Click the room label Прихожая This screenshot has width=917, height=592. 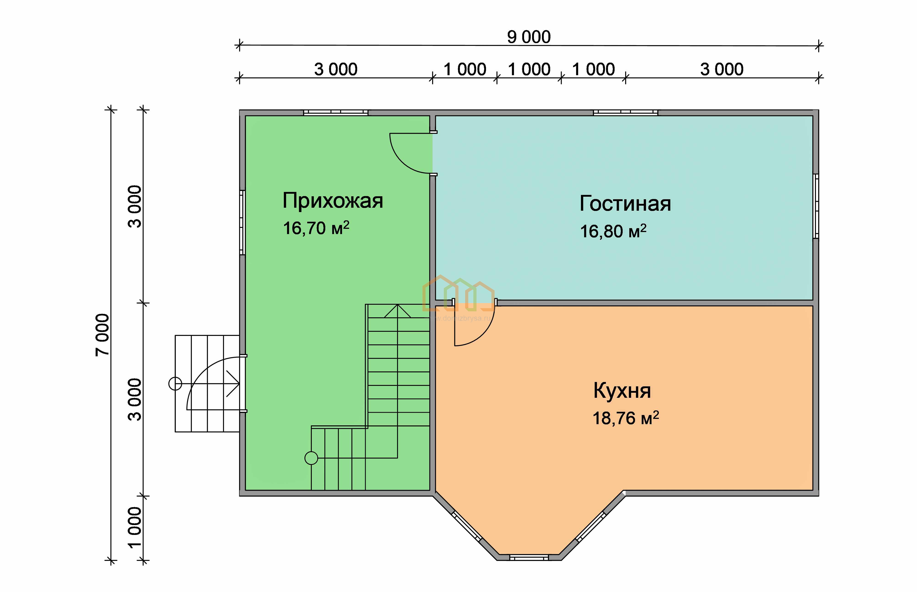point(333,201)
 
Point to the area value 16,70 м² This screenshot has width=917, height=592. point(316,228)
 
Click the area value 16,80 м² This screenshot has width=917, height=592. point(613,231)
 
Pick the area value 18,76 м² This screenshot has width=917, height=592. point(626,418)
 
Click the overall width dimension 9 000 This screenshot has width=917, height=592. point(529,37)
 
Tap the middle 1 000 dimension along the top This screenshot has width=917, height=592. point(529,69)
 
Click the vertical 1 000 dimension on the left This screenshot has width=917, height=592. point(135,527)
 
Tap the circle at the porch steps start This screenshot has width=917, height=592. point(175,384)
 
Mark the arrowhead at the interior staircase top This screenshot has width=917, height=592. point(397,311)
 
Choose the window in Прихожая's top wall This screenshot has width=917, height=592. point(336,113)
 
